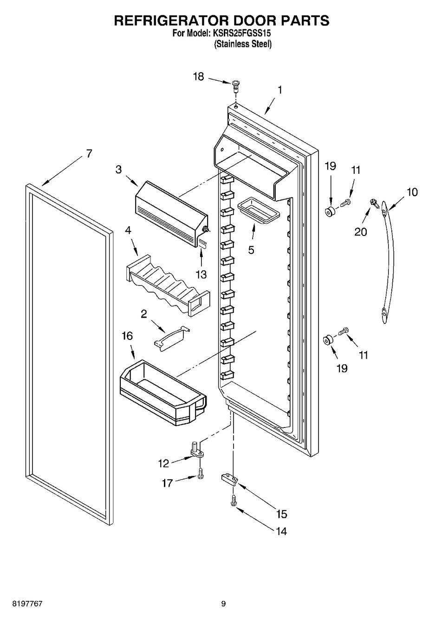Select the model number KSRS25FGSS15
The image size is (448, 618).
241,33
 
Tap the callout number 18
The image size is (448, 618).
199,76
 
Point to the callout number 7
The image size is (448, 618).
89,153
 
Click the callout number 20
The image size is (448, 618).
361,232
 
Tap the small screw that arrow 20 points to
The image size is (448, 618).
375,203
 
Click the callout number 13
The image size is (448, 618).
201,274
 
